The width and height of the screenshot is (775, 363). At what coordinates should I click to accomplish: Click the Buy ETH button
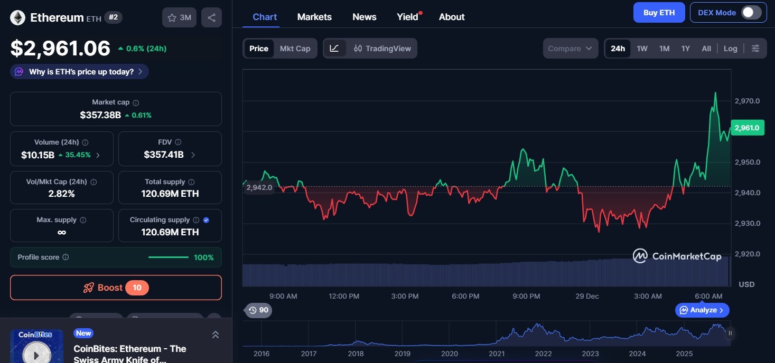pyautogui.click(x=659, y=13)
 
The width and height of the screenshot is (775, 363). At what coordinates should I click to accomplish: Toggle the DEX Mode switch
pyautogui.click(x=751, y=13)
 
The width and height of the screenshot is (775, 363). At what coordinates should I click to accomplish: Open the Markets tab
pyautogui.click(x=314, y=17)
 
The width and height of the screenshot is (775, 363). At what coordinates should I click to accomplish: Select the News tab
pyautogui.click(x=364, y=17)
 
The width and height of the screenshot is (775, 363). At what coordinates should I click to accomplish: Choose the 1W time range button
pyautogui.click(x=642, y=49)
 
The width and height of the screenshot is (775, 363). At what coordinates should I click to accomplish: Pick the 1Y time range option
pyautogui.click(x=685, y=49)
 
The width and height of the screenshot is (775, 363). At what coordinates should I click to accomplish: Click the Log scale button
pyautogui.click(x=730, y=49)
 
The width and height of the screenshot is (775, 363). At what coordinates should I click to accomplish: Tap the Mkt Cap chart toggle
pyautogui.click(x=295, y=49)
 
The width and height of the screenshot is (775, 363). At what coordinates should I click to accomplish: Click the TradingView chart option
pyautogui.click(x=382, y=49)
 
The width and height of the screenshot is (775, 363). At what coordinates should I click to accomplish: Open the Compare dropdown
pyautogui.click(x=570, y=49)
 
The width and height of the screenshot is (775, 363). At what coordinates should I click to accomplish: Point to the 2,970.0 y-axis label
pyautogui.click(x=747, y=101)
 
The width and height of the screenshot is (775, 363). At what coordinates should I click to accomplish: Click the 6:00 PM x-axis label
pyautogui.click(x=465, y=296)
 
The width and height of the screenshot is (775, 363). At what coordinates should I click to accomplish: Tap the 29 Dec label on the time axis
pyautogui.click(x=587, y=296)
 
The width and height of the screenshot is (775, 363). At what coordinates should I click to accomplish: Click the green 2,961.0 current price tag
pyautogui.click(x=747, y=128)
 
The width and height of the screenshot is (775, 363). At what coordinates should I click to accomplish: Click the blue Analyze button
pyautogui.click(x=702, y=310)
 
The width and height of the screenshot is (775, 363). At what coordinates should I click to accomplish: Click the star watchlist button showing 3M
pyautogui.click(x=179, y=17)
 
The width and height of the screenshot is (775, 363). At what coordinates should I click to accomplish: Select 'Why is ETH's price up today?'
pyautogui.click(x=80, y=72)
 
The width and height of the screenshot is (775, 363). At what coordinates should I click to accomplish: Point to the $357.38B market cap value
pyautogui.click(x=100, y=115)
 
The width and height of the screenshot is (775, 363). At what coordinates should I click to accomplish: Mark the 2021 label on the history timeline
pyautogui.click(x=497, y=354)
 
